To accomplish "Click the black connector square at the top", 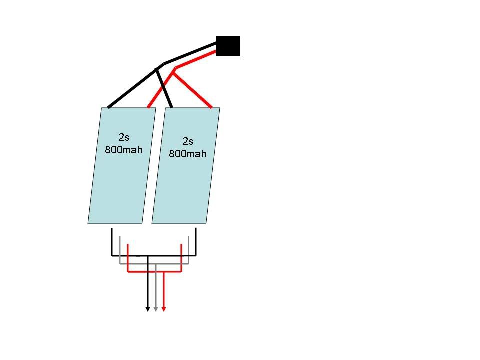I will pos(228,46).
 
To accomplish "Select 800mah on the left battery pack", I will pos(124,149).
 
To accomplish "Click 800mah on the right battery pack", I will pos(188,153).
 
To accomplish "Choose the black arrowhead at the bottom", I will pos(148,309).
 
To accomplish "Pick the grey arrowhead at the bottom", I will pos(156,309).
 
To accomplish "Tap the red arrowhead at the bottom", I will pos(164,309).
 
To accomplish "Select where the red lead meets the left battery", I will pos(149,106).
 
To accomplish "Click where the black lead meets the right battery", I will pos(171,106).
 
